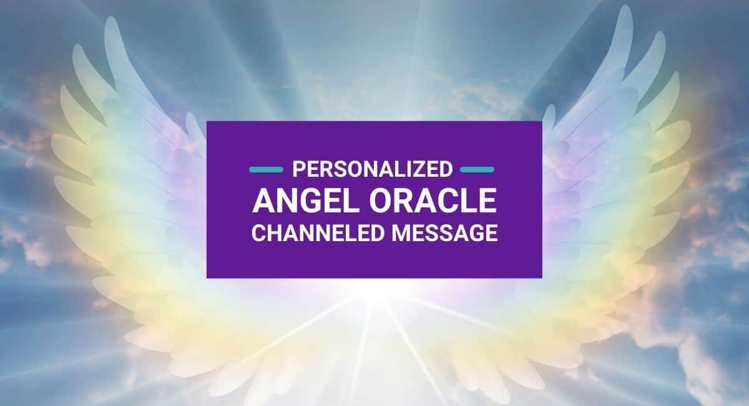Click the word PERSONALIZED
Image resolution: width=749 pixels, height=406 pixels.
pos(373,169)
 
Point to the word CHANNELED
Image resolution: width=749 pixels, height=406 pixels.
pos(317,233)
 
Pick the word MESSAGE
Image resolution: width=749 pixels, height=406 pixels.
pos(444,233)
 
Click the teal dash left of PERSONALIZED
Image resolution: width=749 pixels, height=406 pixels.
pos(266,170)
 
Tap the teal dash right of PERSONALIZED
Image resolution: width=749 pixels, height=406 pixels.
pos(477,170)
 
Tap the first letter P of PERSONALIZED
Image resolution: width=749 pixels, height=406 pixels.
pos(298,169)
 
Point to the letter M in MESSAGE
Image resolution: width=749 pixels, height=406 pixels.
pos(401,233)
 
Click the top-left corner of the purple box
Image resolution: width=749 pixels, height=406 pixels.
pos(207,121)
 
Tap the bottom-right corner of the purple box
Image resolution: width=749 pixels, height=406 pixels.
pos(542,278)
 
